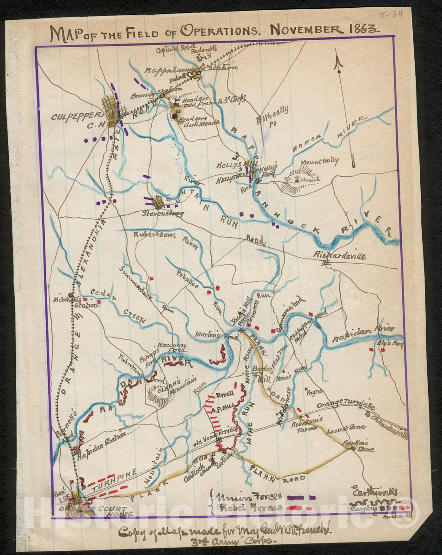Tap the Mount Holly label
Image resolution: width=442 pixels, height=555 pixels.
[x=319, y=161]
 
